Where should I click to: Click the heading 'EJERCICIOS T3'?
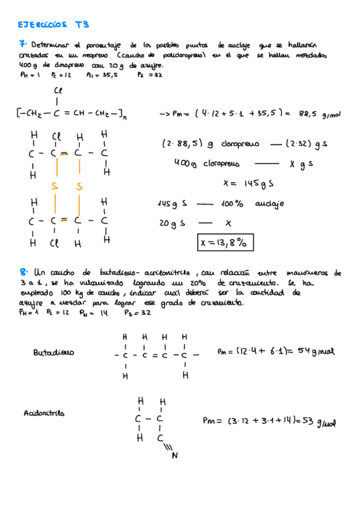53,25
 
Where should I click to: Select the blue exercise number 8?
23,273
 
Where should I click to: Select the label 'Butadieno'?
53,353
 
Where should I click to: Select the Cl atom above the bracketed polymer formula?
58,90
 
